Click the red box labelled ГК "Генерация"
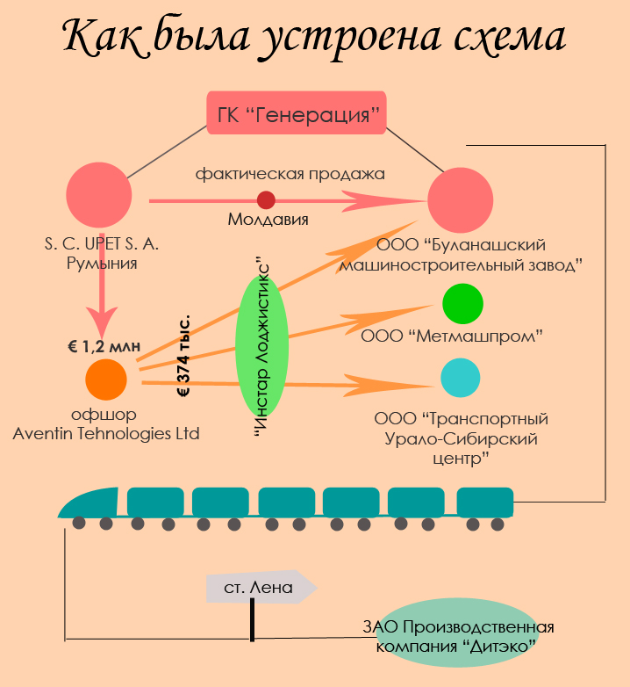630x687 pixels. (x=297, y=113)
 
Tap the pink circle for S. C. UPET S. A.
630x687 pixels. (x=99, y=196)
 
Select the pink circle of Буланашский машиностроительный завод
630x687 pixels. (x=460, y=199)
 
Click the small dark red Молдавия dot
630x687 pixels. (x=266, y=200)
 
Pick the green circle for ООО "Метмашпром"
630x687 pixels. (x=462, y=305)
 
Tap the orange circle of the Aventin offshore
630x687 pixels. (x=106, y=380)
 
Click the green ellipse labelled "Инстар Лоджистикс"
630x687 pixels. (x=262, y=347)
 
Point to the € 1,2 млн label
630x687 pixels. (x=104, y=346)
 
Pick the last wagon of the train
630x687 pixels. (x=484, y=503)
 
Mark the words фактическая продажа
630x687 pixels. (x=290, y=173)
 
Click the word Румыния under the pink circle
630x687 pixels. (x=102, y=262)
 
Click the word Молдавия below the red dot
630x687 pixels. (x=268, y=220)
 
